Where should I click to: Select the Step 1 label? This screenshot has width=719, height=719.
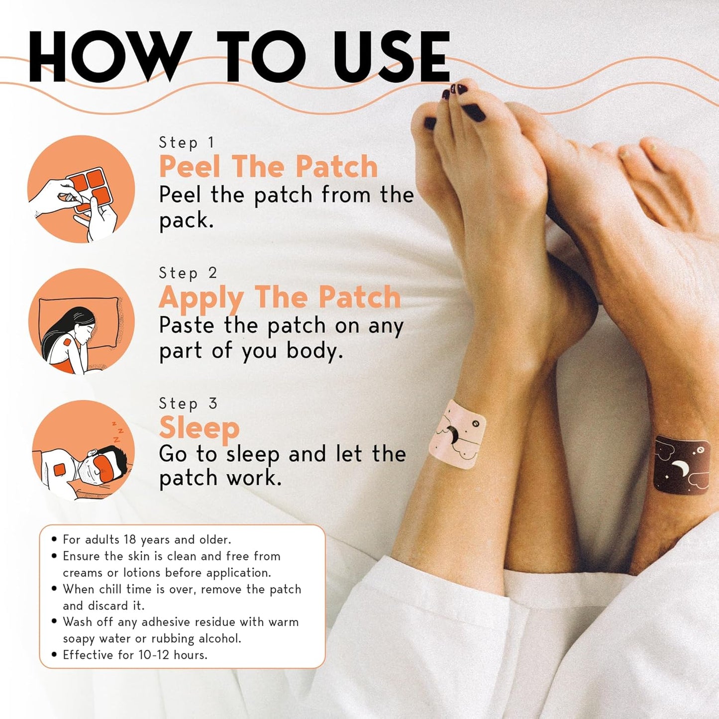pyautogui.click(x=187, y=143)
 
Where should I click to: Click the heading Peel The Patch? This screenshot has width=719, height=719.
pyautogui.click(x=268, y=166)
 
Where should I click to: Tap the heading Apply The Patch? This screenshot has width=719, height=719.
pyautogui.click(x=280, y=298)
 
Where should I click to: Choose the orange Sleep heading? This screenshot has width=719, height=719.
pyautogui.click(x=199, y=427)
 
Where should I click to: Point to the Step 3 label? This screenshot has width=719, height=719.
pyautogui.click(x=188, y=404)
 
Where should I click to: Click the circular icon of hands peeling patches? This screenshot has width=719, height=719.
pyautogui.click(x=81, y=189)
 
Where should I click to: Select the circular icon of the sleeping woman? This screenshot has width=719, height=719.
pyautogui.click(x=82, y=321)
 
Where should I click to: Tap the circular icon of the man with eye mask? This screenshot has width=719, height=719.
pyautogui.click(x=83, y=451)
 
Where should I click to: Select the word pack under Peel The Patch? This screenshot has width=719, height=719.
pyautogui.click(x=186, y=221)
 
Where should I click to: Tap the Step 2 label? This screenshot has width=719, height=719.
pyautogui.click(x=188, y=273)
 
